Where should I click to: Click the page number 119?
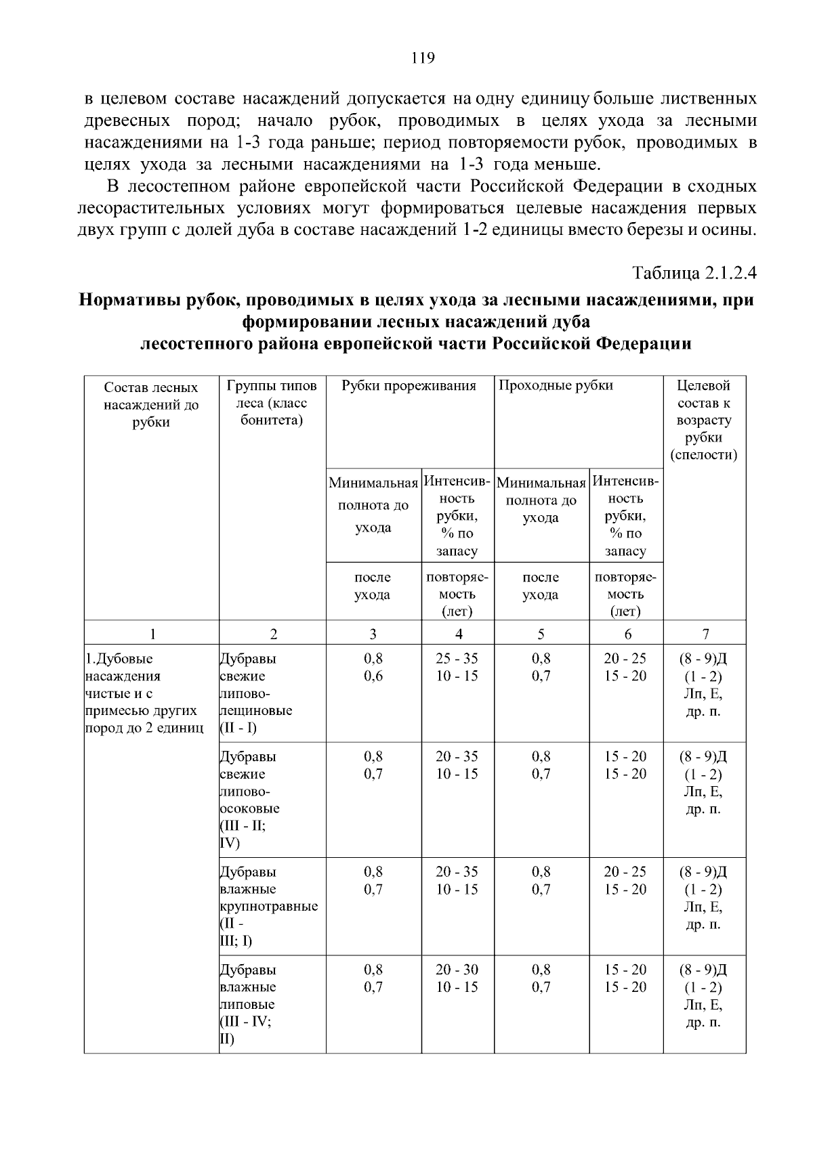coord(423,58)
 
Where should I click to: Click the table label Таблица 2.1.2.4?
coord(694,273)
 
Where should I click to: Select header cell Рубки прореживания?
coord(409,386)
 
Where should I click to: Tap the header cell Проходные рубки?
coord(556,386)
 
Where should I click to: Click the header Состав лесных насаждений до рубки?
coord(151,404)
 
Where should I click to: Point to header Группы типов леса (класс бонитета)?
coord(272,403)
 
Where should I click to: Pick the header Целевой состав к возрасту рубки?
coord(704,420)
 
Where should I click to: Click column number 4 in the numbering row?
coord(459,634)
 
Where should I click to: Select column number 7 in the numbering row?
coord(705,634)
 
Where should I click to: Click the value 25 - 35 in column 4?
coord(457,658)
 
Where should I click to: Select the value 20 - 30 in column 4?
coord(457,970)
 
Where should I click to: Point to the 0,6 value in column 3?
coord(373,676)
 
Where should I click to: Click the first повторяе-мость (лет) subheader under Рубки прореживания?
coord(457,594)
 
